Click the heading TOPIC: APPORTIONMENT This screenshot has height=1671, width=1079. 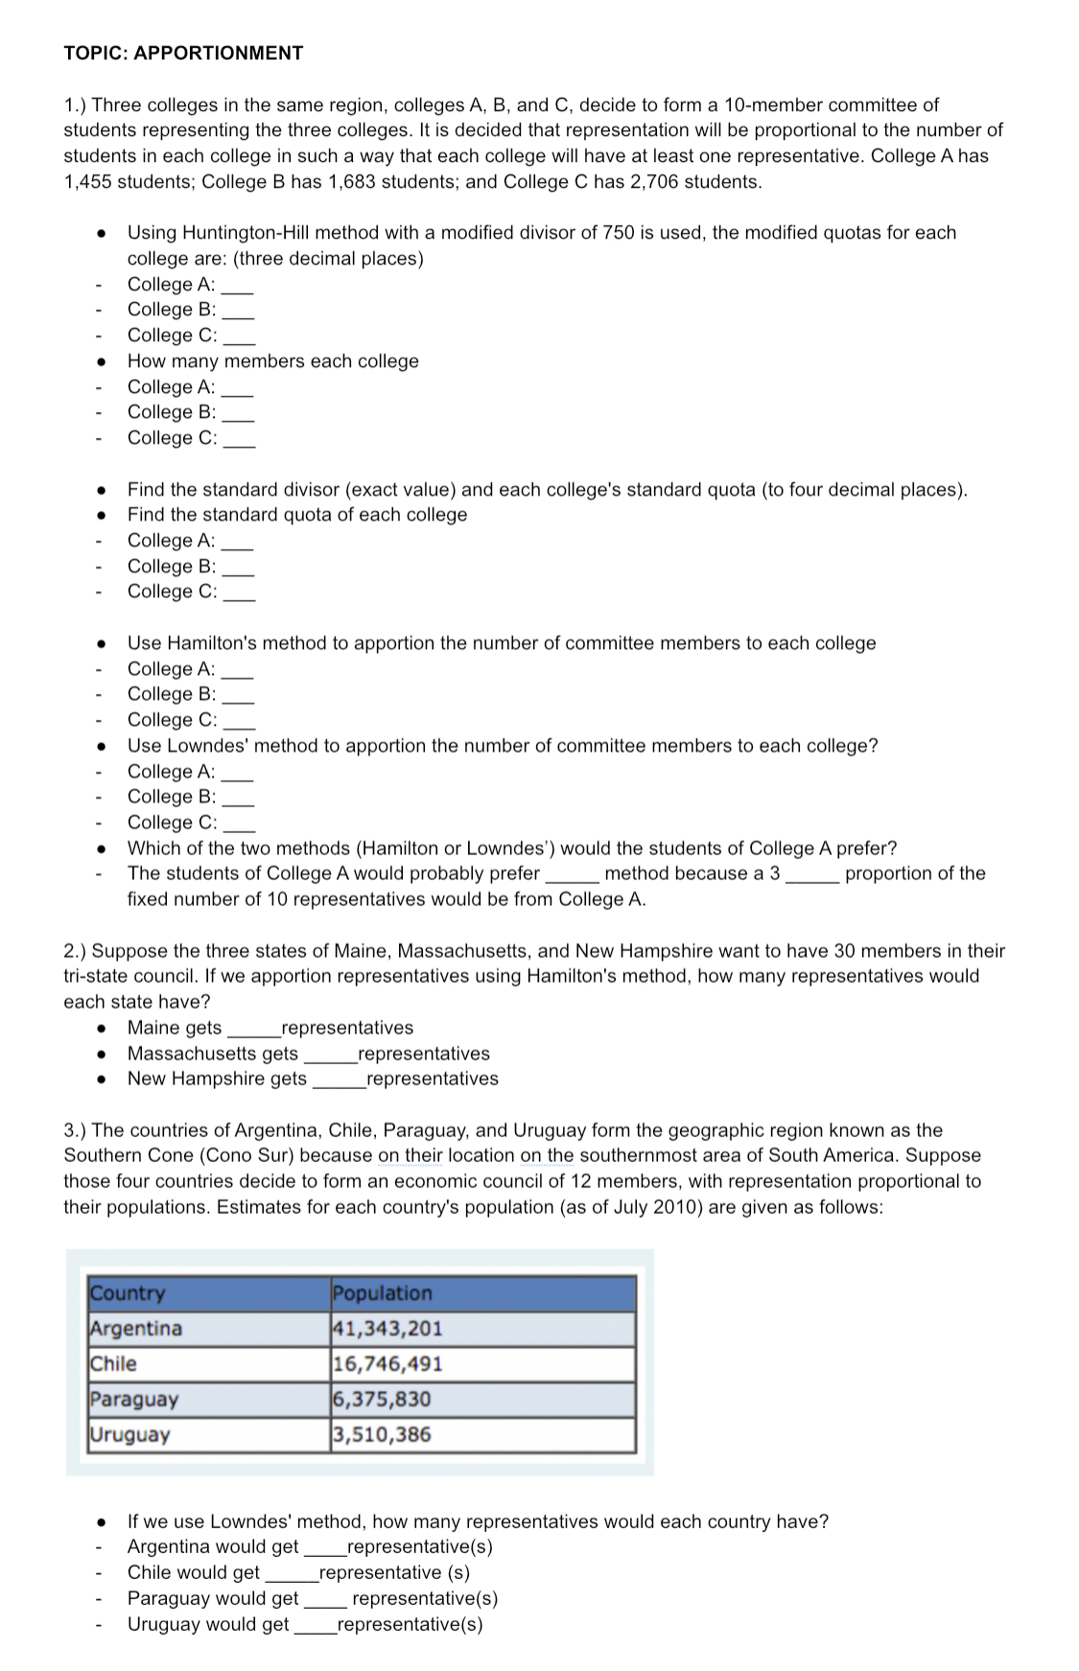point(183,53)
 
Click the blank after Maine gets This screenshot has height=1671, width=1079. point(252,1030)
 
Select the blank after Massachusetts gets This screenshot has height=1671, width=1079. point(329,1056)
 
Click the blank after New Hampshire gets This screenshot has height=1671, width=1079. point(338,1080)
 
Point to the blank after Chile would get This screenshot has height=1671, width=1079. point(290,1573)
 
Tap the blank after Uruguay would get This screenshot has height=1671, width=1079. point(315,1625)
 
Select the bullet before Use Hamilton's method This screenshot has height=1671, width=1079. point(100,643)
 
